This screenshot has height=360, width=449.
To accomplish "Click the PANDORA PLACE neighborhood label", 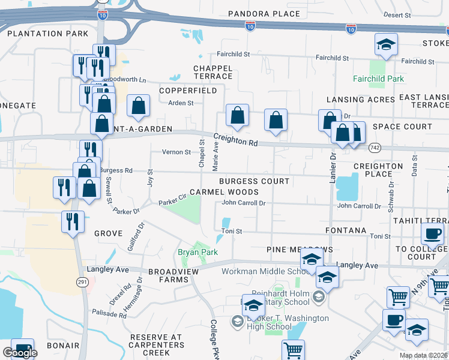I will click(x=264, y=14).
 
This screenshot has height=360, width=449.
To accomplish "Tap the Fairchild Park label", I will click(x=378, y=79).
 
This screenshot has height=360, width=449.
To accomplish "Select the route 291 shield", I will click(x=82, y=282).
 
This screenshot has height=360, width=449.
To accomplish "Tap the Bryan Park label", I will click(x=197, y=253).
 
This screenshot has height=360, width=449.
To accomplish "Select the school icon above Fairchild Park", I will click(x=386, y=44).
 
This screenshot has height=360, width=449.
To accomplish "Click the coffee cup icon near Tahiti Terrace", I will click(x=432, y=233).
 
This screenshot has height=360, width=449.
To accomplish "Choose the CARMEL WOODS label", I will click(x=224, y=193).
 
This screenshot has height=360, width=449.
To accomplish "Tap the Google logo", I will click(x=19, y=353).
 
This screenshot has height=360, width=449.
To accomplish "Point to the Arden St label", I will click(x=181, y=103).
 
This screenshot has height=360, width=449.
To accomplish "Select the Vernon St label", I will click(x=176, y=152).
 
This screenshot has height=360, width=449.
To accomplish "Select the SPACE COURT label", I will click(x=402, y=127).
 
